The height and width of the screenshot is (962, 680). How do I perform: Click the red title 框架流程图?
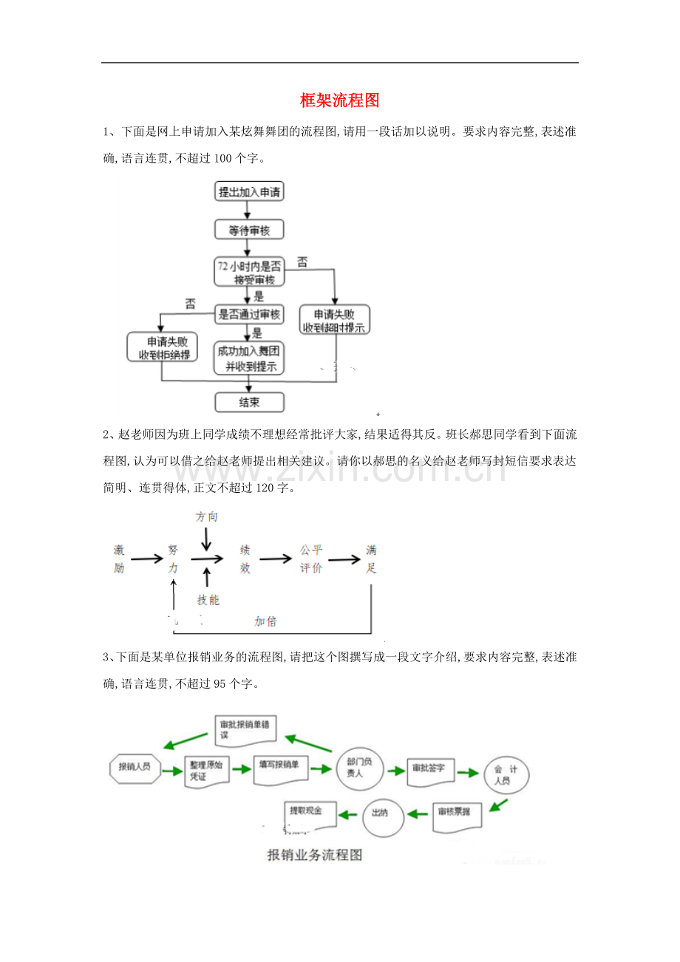[339, 100]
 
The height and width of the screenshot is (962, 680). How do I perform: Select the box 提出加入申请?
[249, 192]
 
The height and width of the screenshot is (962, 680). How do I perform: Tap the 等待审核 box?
[249, 231]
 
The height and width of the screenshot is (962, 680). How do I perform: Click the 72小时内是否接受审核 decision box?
[249, 272]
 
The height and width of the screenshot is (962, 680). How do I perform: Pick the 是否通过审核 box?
[249, 315]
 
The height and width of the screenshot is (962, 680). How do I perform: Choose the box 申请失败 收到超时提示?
[334, 320]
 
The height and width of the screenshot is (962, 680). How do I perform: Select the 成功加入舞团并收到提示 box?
[249, 358]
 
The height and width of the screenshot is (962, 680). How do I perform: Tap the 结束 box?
[249, 402]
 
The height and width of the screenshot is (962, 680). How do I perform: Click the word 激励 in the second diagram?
[119, 559]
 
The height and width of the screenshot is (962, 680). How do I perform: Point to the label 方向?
[207, 517]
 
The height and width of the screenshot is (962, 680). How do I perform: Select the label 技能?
[208, 600]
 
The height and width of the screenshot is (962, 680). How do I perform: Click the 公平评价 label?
[311, 559]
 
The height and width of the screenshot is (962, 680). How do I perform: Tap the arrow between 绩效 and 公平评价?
[276, 559]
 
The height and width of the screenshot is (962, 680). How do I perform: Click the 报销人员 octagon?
[135, 767]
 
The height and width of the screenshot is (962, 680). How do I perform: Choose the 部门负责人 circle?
[359, 768]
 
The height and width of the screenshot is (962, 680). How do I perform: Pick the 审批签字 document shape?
[429, 769]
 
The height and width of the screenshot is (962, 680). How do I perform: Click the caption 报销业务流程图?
[315, 856]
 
